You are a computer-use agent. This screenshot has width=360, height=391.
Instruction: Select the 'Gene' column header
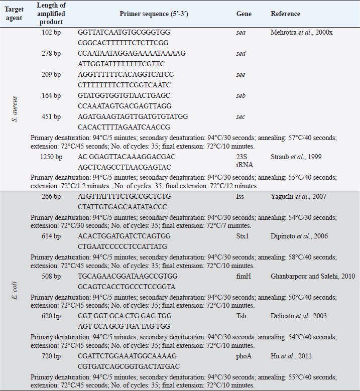(244, 14)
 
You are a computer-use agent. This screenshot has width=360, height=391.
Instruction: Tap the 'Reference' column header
(285, 14)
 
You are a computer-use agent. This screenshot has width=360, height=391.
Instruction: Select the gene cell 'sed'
(241, 53)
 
